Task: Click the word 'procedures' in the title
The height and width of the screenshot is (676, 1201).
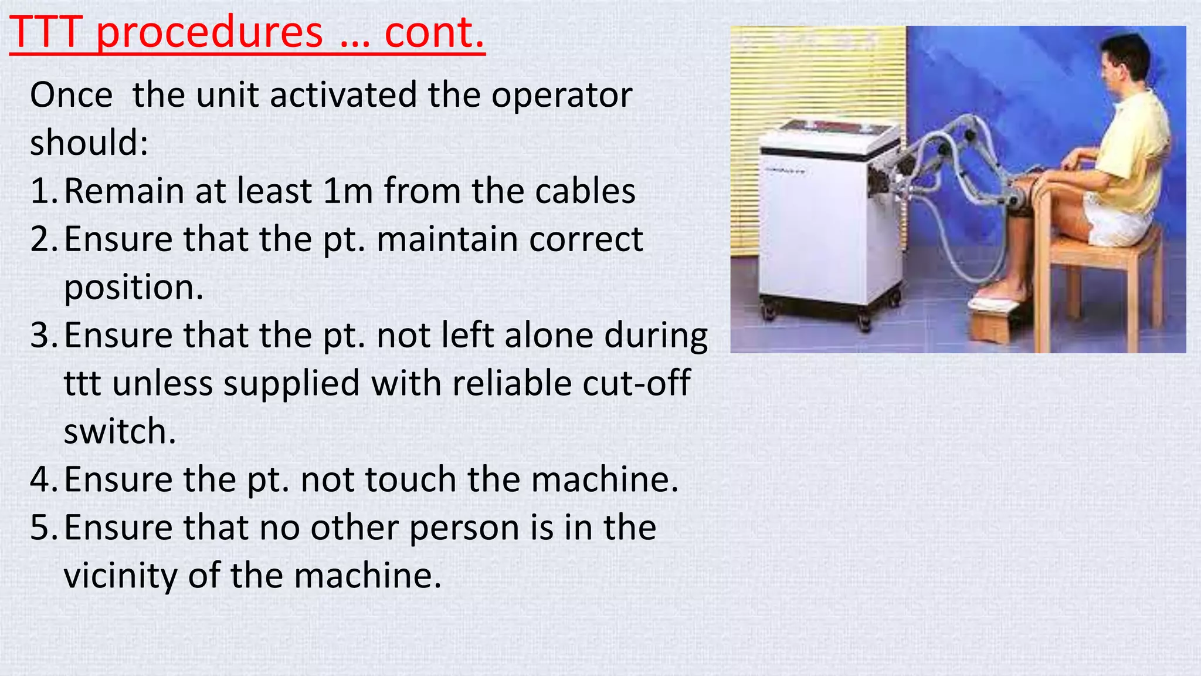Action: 209,33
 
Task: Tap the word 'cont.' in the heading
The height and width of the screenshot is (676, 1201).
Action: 434,33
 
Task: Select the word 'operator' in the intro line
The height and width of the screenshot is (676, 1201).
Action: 561,96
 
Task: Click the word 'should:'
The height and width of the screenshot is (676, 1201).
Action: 89,143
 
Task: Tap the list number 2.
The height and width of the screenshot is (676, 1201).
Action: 42,239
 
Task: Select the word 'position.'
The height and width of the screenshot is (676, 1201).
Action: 134,288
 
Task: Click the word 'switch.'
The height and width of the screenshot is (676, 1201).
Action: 120,432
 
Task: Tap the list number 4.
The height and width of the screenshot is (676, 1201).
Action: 42,480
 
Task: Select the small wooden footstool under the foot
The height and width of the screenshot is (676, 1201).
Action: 997,320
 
